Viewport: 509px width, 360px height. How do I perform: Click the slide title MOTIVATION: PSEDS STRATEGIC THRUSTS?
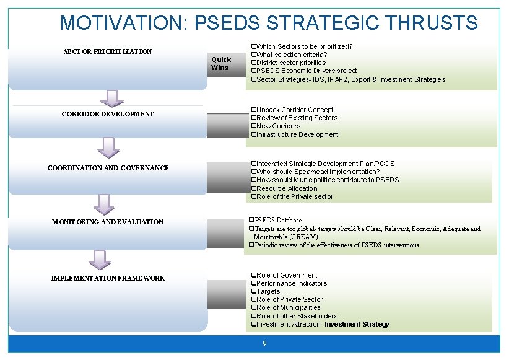(269, 23)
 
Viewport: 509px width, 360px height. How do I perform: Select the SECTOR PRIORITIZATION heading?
(108, 51)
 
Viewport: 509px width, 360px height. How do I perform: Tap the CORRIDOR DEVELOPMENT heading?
(108, 114)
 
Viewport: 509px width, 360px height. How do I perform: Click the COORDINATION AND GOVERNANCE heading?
(108, 168)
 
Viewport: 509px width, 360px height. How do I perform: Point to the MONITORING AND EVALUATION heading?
(108, 222)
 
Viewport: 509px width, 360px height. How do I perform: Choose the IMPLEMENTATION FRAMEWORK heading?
(108, 278)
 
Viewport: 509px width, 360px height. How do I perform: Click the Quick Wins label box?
(221, 64)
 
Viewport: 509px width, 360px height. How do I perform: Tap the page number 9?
(264, 344)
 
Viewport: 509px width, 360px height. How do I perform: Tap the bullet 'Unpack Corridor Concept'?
(295, 110)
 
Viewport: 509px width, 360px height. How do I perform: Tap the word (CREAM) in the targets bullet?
(303, 237)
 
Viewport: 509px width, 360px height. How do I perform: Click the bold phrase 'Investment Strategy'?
(357, 324)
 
